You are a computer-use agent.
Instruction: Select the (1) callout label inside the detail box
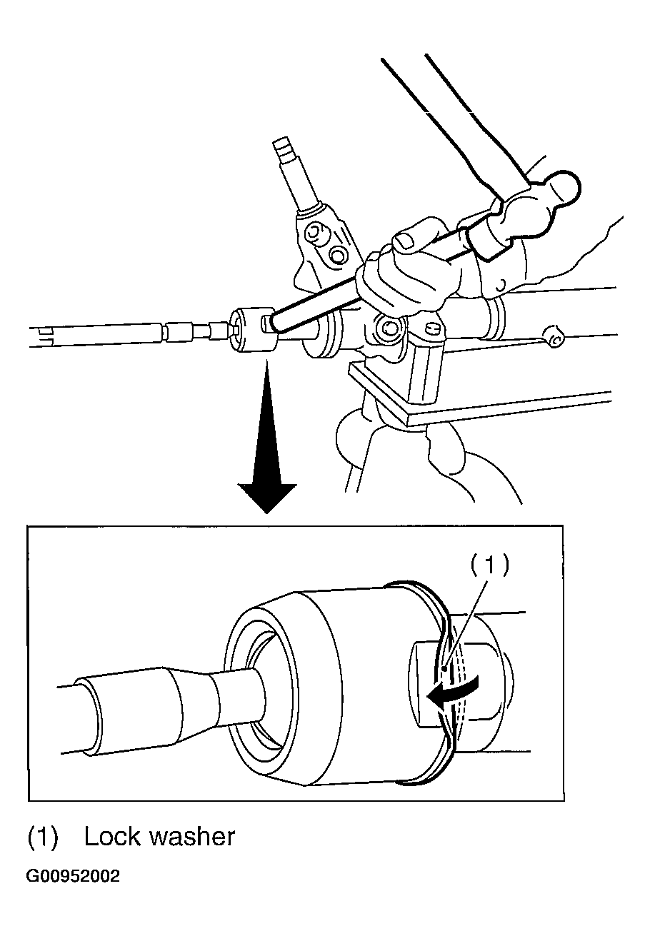489,565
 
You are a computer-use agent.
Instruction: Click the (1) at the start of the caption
42,837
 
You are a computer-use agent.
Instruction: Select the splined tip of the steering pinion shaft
283,151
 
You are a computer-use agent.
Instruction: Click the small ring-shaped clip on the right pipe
554,338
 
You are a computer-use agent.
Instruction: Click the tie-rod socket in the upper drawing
253,330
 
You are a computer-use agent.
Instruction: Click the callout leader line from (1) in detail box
466,625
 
